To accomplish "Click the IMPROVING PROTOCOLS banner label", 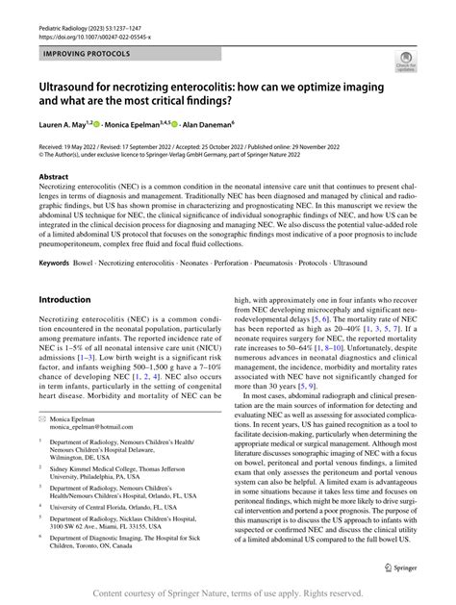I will coord(85,54).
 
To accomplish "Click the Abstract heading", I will coord(53,178).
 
